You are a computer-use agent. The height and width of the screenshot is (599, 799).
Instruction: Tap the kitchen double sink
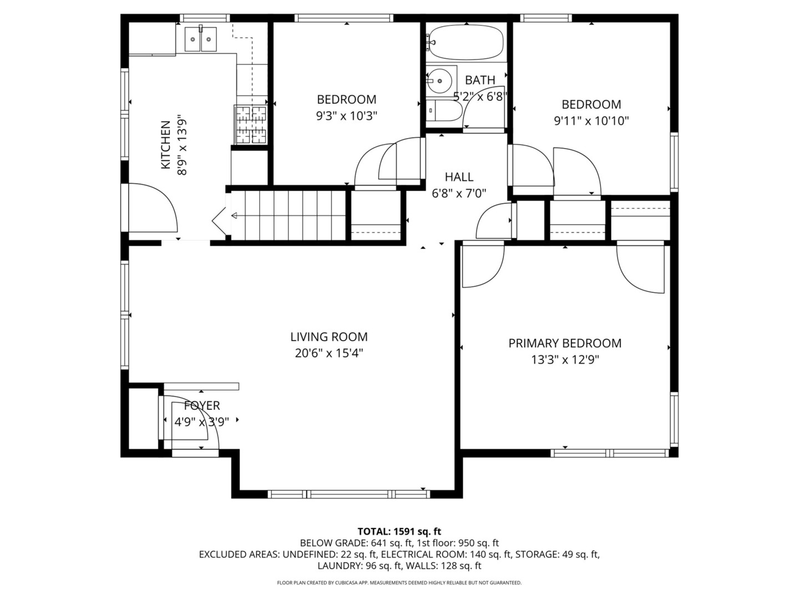pos(200,39)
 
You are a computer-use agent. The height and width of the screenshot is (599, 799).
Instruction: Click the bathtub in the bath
pos(466,43)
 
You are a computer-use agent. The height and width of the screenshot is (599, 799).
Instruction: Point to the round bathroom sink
pos(439,80)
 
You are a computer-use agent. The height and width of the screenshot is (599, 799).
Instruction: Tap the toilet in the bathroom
pos(444,110)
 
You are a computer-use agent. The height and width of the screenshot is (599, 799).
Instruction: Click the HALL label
pos(459,177)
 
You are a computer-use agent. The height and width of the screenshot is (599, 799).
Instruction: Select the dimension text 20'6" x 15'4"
pos(329,353)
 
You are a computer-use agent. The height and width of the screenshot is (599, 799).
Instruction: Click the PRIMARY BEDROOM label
pos(565,343)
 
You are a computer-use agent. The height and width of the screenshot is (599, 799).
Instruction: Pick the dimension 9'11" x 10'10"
pos(591,120)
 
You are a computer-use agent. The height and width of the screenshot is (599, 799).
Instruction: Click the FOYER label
pos(202,405)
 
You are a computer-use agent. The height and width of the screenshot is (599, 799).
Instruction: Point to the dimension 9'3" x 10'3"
pos(347,116)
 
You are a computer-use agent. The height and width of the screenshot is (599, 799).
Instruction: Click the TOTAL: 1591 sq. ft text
pos(399,531)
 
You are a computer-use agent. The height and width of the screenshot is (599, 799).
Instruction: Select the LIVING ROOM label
pos(329,337)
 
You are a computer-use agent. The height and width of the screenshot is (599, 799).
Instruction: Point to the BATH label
pos(480,80)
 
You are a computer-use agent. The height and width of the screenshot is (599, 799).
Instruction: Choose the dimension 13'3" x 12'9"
pos(565,360)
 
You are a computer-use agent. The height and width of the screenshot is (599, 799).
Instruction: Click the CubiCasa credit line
pos(399,582)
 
